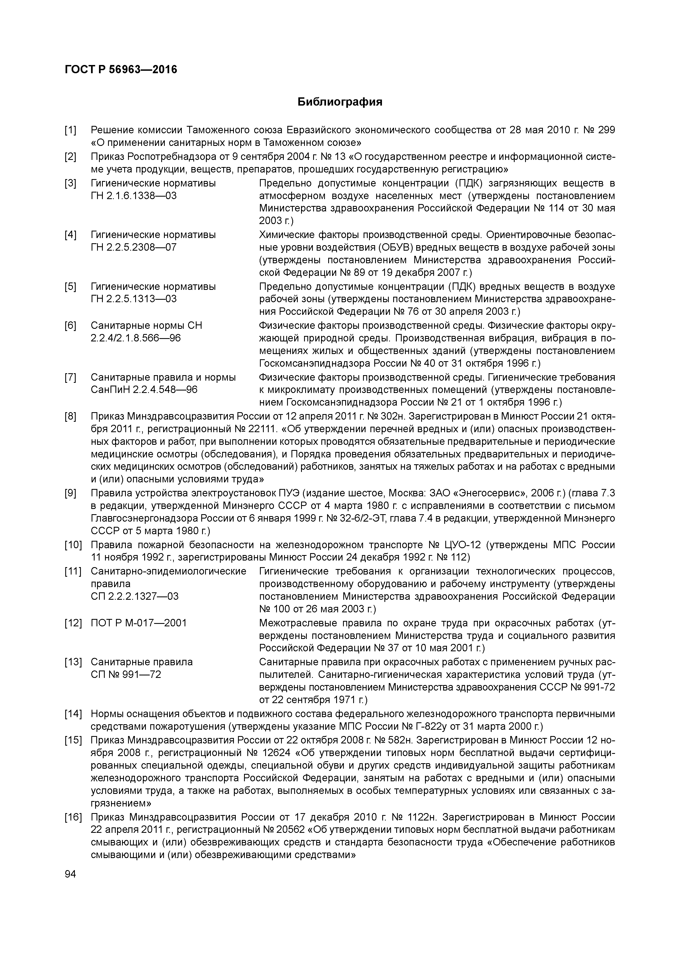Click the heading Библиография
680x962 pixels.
(x=340, y=102)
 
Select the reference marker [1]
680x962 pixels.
(x=70, y=130)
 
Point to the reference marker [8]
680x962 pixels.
(x=70, y=417)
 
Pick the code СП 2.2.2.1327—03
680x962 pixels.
(x=134, y=596)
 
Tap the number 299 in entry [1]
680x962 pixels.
(x=606, y=130)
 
